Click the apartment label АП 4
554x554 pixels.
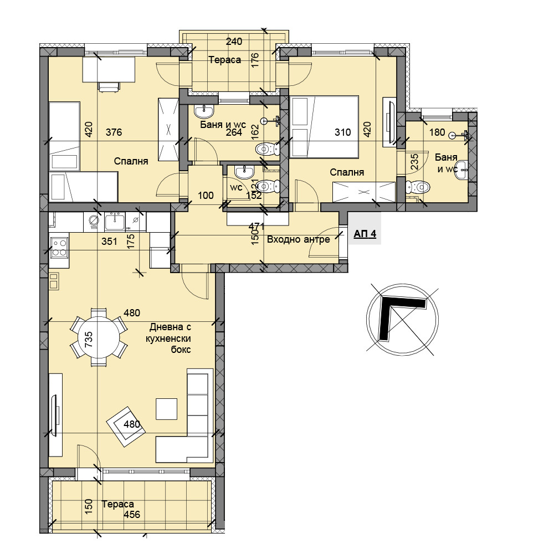(365, 234)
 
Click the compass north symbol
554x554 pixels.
(402, 320)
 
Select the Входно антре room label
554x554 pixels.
(299, 239)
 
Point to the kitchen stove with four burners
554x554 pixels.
(59, 247)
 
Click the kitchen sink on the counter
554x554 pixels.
(115, 222)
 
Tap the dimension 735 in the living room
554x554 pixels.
(88, 339)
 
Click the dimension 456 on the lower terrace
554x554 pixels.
(132, 515)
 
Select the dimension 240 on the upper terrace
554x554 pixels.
(234, 42)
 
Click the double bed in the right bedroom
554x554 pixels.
(324, 126)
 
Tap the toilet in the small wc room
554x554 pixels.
(268, 187)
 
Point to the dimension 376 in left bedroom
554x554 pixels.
(114, 132)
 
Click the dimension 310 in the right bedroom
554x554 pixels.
(343, 132)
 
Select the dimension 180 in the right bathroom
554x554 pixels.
(437, 132)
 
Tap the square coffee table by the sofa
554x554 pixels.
(166, 409)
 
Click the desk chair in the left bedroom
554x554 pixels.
(109, 86)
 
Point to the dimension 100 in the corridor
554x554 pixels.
(206, 196)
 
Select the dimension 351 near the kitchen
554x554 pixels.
(109, 242)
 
